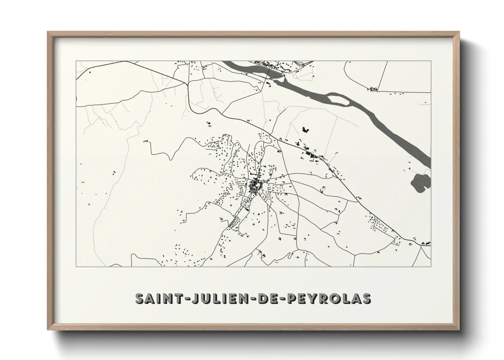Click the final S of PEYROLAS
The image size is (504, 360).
(x=366, y=298)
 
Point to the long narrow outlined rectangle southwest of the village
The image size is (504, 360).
(x=233, y=222)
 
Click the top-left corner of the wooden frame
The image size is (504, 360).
(x=48, y=32)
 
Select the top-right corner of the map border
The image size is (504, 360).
(x=431, y=61)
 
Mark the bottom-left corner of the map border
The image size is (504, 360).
(x=76, y=266)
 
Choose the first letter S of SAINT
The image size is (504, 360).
(x=140, y=298)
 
